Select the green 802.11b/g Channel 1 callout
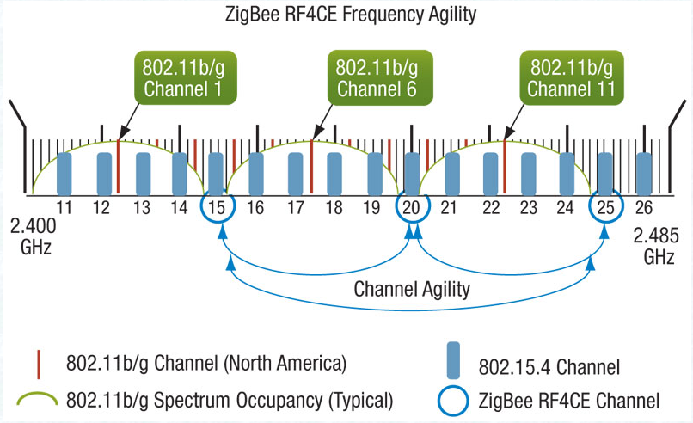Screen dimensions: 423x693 [187, 77]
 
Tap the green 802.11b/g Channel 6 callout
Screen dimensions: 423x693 [377, 77]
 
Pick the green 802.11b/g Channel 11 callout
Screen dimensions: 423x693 [570, 77]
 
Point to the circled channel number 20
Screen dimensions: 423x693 [412, 207]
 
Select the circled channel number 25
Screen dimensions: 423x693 [604, 207]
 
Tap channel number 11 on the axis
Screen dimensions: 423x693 [64, 207]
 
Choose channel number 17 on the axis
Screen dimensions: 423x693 [296, 207]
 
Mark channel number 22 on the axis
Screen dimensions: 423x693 [491, 207]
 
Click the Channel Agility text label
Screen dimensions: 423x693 [412, 290]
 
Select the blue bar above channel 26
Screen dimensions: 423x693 [642, 173]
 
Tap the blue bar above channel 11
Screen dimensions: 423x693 [64, 173]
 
